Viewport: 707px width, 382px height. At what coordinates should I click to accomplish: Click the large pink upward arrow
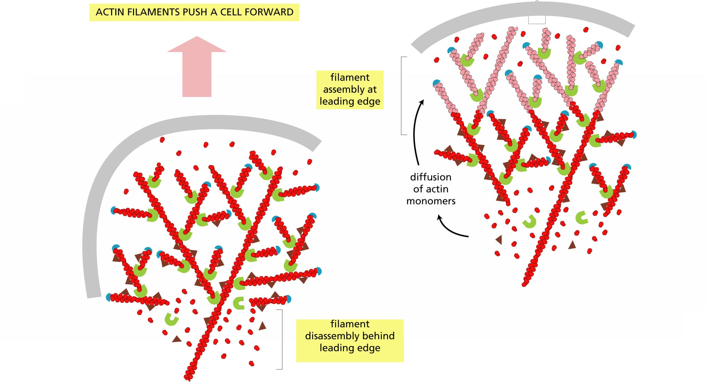pyautogui.click(x=197, y=67)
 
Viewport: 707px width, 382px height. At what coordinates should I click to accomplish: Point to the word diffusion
pyautogui.click(x=431, y=177)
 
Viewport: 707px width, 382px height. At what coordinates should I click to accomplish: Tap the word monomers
pyautogui.click(x=431, y=201)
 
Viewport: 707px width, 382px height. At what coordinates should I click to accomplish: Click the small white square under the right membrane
pyautogui.click(x=537, y=20)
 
